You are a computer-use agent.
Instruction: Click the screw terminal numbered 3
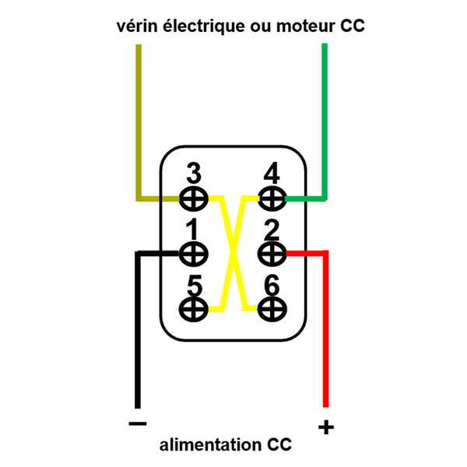[x=193, y=198]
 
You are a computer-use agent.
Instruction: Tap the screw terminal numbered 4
[x=272, y=198]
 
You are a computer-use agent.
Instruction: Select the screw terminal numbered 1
[x=193, y=253]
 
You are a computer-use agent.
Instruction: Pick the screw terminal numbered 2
[x=272, y=253]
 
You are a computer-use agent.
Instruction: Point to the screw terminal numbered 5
[x=193, y=308]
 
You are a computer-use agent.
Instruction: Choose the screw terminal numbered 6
[x=272, y=308]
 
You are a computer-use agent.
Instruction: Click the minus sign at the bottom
[x=136, y=424]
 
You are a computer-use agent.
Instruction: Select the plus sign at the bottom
[x=326, y=427]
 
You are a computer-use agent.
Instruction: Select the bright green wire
[x=325, y=117]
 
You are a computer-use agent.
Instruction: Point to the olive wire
[x=139, y=117]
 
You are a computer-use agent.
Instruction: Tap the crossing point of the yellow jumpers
[x=233, y=254]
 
